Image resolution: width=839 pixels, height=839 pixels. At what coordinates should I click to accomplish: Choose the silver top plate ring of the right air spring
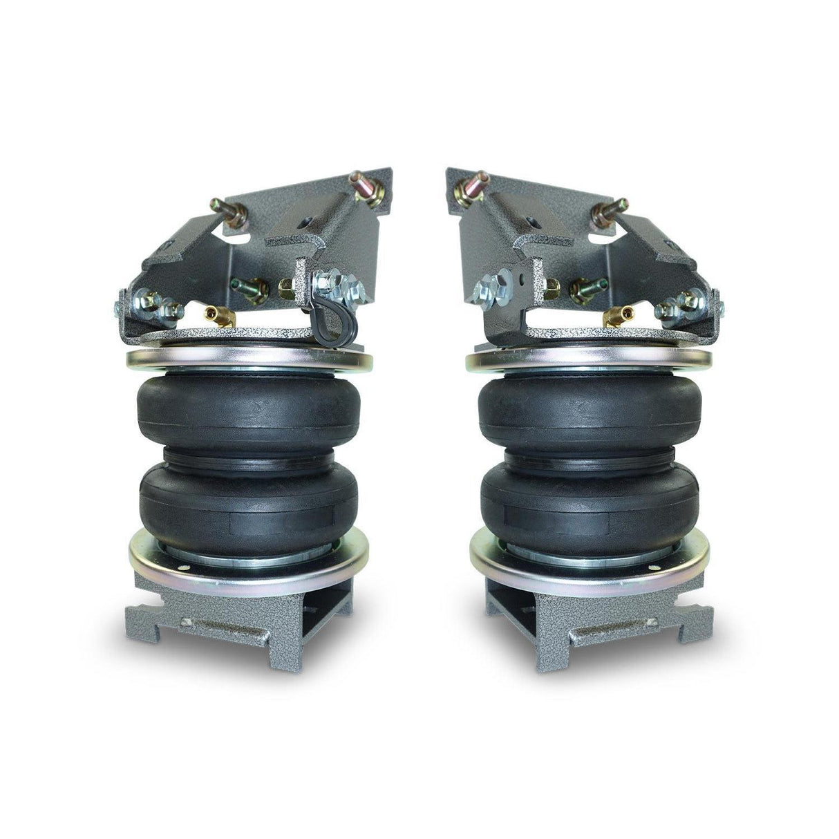click(x=587, y=361)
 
